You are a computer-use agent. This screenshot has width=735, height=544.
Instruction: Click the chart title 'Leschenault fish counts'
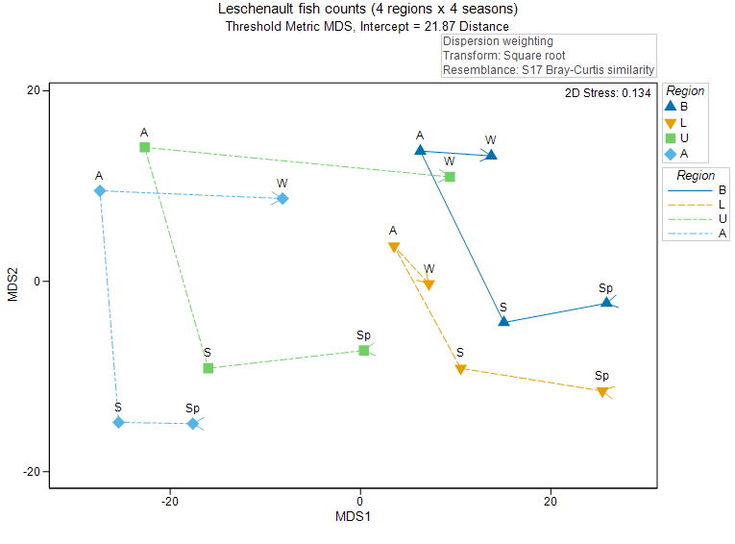click(x=367, y=10)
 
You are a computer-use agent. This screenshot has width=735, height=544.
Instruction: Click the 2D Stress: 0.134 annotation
click(x=608, y=93)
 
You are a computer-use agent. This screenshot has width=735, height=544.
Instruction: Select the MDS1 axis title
click(x=353, y=517)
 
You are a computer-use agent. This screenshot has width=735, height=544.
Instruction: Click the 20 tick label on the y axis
click(x=32, y=90)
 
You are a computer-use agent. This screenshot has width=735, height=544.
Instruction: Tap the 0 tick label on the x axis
click(x=360, y=500)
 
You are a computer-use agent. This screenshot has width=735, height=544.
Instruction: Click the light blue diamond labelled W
click(x=282, y=199)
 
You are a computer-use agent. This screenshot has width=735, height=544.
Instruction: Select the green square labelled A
click(x=144, y=147)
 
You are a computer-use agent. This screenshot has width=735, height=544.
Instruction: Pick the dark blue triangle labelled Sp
click(x=606, y=302)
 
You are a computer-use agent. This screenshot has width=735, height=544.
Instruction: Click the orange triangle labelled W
click(x=429, y=285)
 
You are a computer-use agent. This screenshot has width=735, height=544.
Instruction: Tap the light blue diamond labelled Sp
click(x=193, y=424)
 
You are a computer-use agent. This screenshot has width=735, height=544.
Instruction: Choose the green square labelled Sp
click(x=363, y=351)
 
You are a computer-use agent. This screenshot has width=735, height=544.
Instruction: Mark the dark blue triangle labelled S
click(x=503, y=321)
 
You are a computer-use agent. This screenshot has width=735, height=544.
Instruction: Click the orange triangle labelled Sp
click(x=602, y=392)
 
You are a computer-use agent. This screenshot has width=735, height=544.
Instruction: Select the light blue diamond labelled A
click(x=100, y=191)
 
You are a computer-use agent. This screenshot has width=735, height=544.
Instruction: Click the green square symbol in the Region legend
click(x=672, y=137)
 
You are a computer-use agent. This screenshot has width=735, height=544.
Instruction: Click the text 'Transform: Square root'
click(x=497, y=56)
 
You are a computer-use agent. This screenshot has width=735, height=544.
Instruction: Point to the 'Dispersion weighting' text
click(x=498, y=41)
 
